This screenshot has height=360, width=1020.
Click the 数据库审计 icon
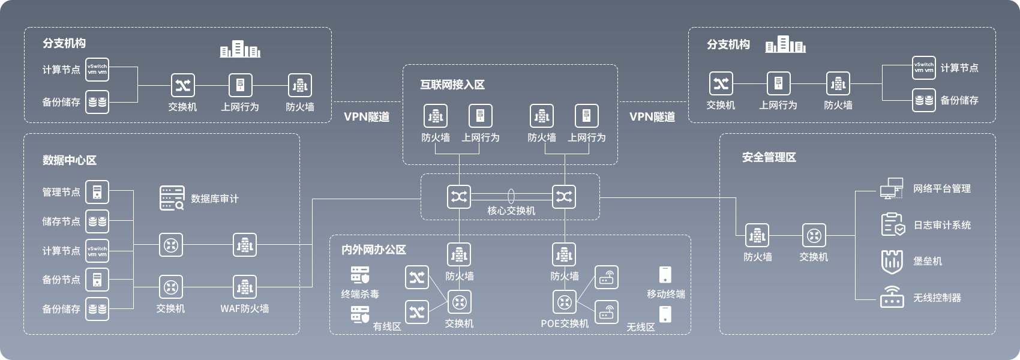172,198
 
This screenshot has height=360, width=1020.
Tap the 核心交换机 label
511,211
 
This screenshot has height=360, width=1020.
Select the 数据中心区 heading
70,160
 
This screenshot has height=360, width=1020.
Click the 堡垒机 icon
892,261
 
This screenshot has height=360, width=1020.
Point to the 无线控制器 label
937,298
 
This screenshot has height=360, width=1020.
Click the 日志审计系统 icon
892,224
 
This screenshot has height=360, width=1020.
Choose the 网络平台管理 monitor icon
892,188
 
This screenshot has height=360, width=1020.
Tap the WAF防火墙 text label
244,308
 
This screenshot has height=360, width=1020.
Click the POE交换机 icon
564,302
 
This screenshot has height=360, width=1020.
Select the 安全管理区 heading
769,157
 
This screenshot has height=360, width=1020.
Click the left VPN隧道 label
367,116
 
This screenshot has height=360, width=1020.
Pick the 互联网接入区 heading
452,85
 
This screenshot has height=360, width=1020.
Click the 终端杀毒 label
360,294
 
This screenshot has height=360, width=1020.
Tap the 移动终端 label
666,294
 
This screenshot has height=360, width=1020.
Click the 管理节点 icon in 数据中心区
97,192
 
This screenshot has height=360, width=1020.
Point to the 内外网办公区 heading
374,250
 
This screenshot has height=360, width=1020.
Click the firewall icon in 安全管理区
757,236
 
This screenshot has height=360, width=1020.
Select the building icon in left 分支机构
240,49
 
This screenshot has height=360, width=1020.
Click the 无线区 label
641,327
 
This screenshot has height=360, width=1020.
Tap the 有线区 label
387,326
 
